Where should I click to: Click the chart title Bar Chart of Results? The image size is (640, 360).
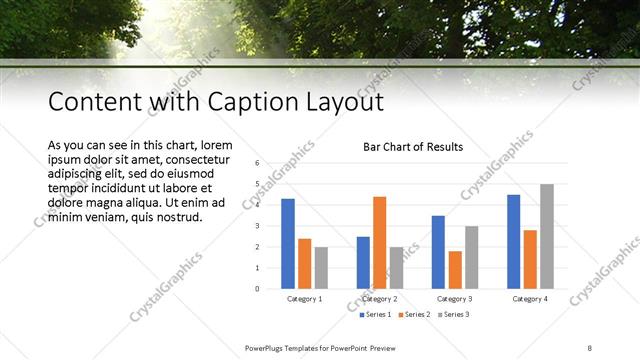[x=413, y=147]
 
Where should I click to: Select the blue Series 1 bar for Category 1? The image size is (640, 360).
[x=288, y=243]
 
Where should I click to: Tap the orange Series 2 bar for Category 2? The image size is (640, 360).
[x=379, y=242]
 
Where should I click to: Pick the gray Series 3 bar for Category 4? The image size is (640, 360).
[x=546, y=236]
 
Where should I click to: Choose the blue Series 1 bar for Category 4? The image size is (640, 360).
[x=513, y=241]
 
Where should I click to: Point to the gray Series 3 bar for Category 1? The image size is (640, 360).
[x=321, y=267]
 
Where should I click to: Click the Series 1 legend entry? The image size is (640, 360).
[x=376, y=315]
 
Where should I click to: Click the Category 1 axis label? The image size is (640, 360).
[x=304, y=298]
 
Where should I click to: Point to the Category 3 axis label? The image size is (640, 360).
[x=455, y=298]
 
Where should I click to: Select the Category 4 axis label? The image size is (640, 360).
[x=529, y=298]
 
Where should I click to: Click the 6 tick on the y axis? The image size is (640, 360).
[x=258, y=163]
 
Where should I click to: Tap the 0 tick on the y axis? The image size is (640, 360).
[x=258, y=289]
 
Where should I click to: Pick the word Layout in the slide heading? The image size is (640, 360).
[x=343, y=102]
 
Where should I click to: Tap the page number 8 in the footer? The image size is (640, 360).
[x=591, y=346]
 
